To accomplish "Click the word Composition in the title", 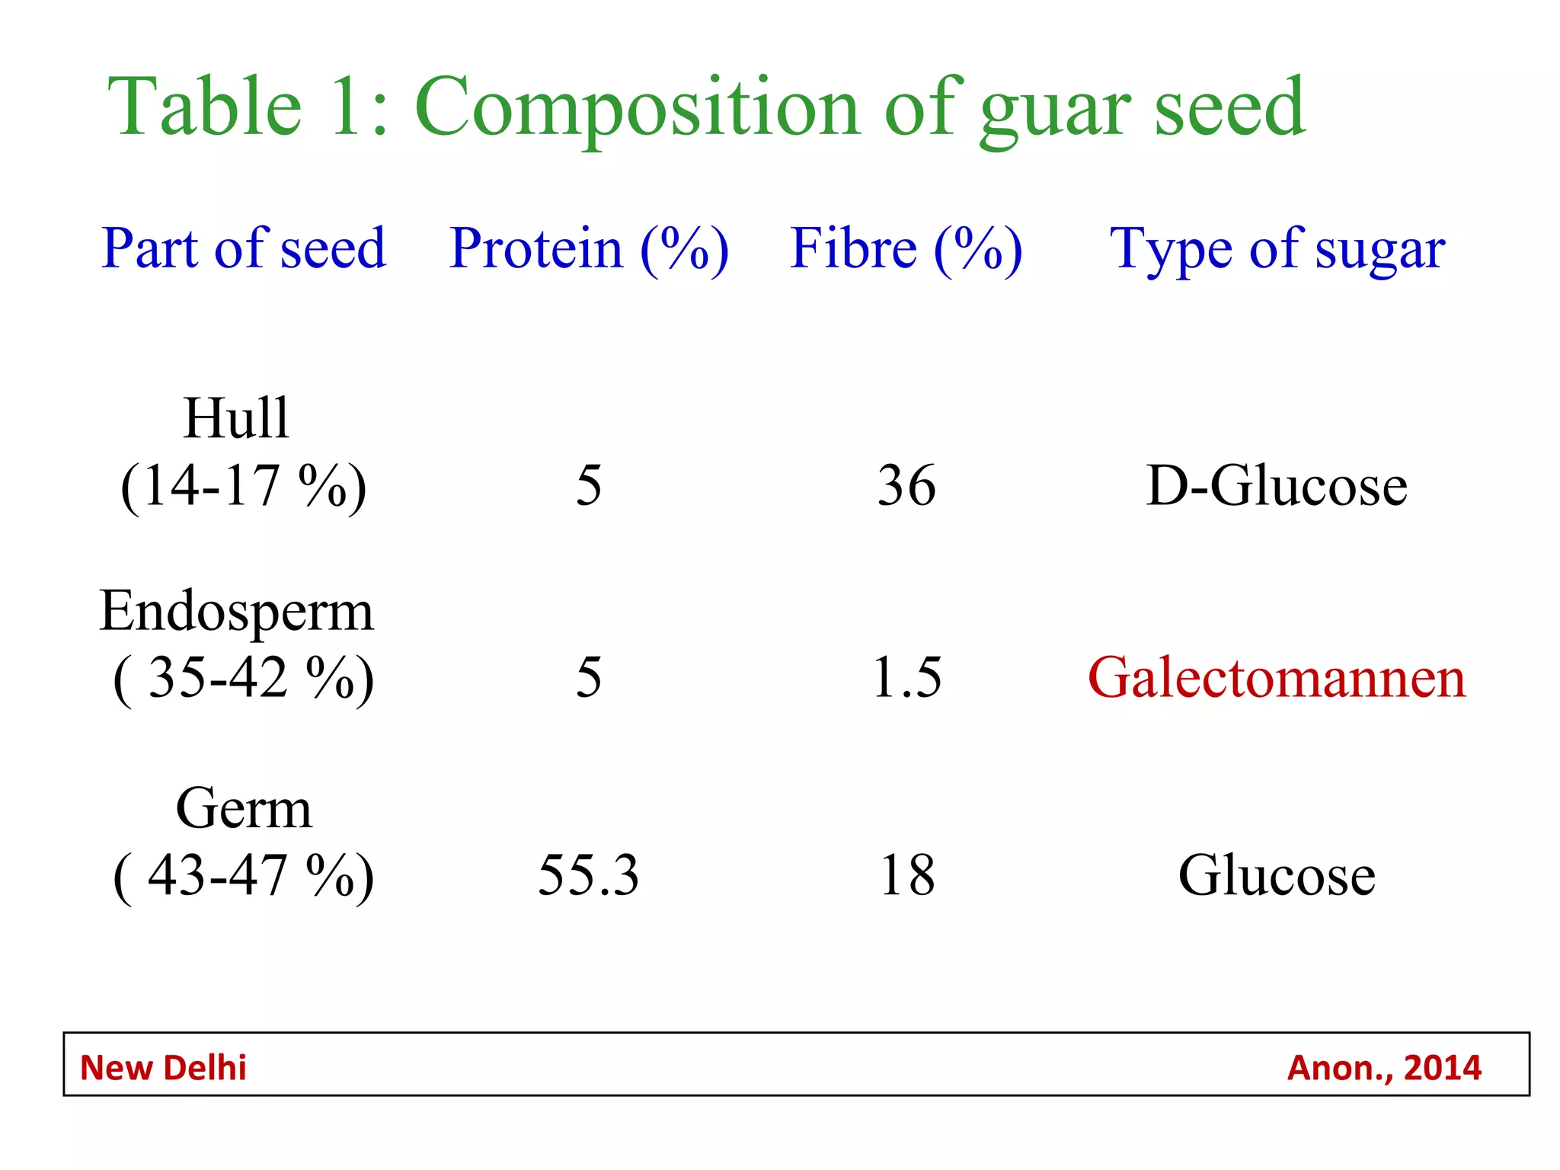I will (x=638, y=108).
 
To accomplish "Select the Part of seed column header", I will (x=244, y=248).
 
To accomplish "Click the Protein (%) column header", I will (x=589, y=248).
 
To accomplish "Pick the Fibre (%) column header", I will (x=906, y=248).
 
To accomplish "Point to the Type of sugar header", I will (x=1277, y=248).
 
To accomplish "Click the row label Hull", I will (x=236, y=418).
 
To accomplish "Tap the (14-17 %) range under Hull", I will (x=244, y=485).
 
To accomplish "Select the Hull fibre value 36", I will (x=906, y=485).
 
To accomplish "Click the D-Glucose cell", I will (x=1277, y=485).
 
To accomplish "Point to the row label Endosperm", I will (x=236, y=611).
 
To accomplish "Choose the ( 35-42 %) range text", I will (x=244, y=677).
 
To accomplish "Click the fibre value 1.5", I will (x=906, y=677).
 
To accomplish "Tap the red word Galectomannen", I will (x=1277, y=677).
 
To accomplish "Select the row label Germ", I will (x=244, y=808).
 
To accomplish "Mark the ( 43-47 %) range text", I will (x=244, y=875).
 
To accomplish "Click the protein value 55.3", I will (x=589, y=875).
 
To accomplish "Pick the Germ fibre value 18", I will (x=906, y=875).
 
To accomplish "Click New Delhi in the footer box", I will (x=163, y=1068).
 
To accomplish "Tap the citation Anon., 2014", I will (x=1384, y=1068).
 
